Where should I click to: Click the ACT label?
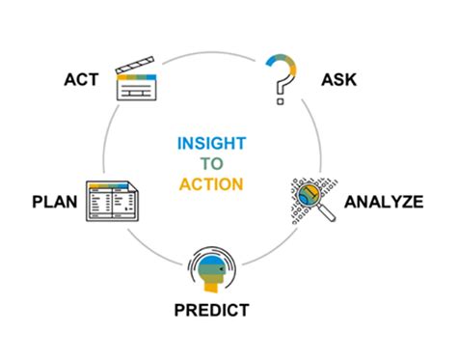point(80,77)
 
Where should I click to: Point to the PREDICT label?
point(211,311)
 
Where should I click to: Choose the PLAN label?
point(54,202)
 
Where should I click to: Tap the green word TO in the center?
point(211,162)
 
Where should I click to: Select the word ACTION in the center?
point(211,182)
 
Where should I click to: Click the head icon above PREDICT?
point(211,269)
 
